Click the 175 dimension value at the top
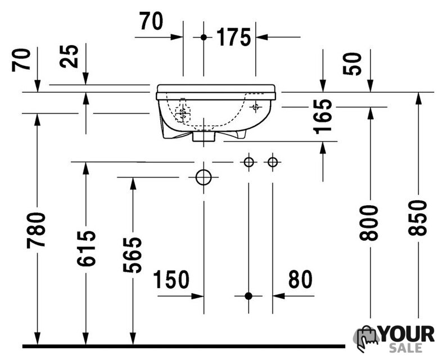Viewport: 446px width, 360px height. coord(234,37)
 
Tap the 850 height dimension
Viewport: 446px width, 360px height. coord(417,218)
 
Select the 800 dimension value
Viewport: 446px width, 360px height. coord(368,223)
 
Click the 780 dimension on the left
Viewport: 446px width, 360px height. coord(36,230)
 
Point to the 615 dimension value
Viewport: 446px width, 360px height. coord(86,248)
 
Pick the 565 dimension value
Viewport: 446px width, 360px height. coord(133,254)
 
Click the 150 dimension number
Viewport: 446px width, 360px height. coord(171,279)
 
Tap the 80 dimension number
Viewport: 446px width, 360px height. coord(300,279)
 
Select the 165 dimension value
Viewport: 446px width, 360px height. coord(323,116)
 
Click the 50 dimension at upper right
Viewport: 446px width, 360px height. coord(352,64)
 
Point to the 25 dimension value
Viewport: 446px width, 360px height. coord(69,56)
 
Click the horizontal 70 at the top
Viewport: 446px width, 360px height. coord(151,21)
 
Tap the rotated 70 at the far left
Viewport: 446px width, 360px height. coord(21,60)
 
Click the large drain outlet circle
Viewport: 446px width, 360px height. coord(204,177)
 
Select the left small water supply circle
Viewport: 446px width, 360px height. coord(249,162)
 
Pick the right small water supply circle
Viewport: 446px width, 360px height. coord(272,162)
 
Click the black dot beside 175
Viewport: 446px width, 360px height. coord(204,37)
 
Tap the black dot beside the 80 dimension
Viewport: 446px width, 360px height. coord(249,296)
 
